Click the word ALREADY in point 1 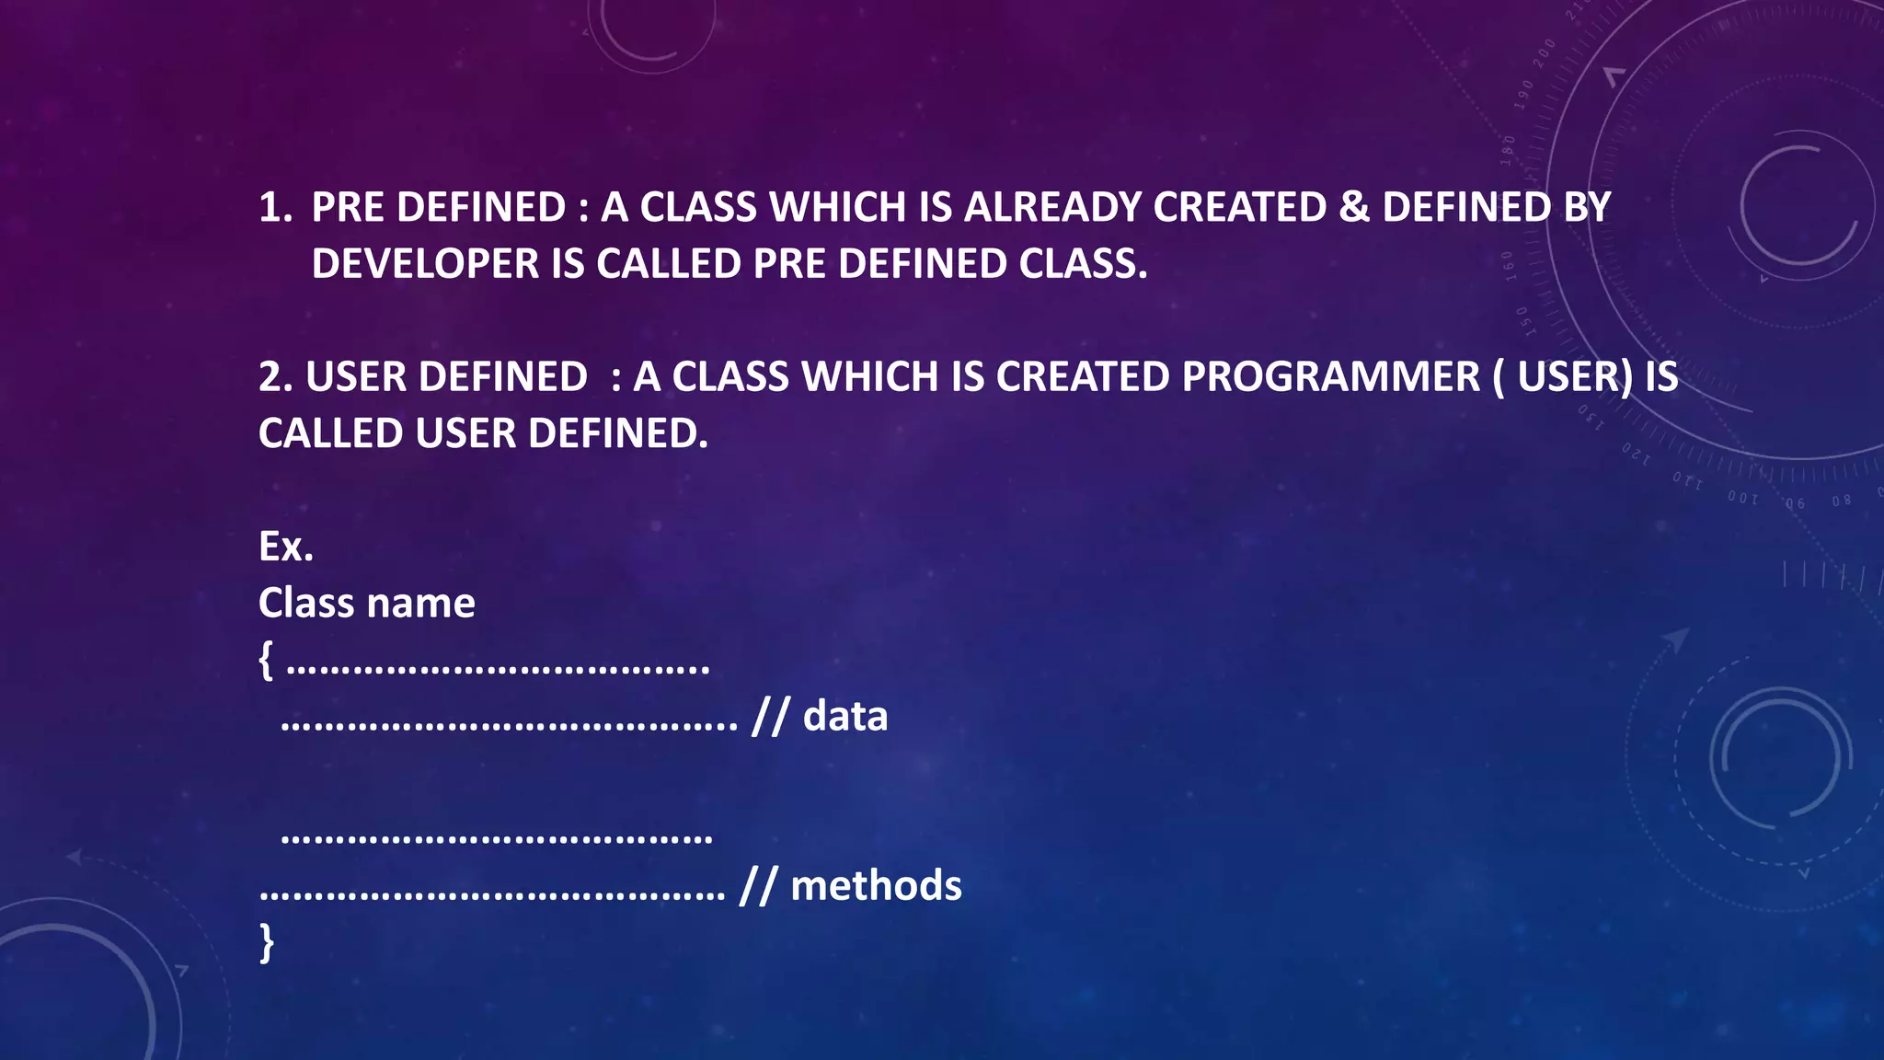(1052, 207)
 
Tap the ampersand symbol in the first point (1354, 207)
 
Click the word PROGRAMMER (1330, 376)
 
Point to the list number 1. (274, 207)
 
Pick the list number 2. (274, 376)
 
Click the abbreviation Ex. (285, 547)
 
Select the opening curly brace (266, 660)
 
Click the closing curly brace (267, 942)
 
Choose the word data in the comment (845, 716)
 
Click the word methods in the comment (876, 885)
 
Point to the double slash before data (770, 717)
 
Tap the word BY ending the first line (1587, 207)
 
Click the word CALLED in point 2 (330, 433)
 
